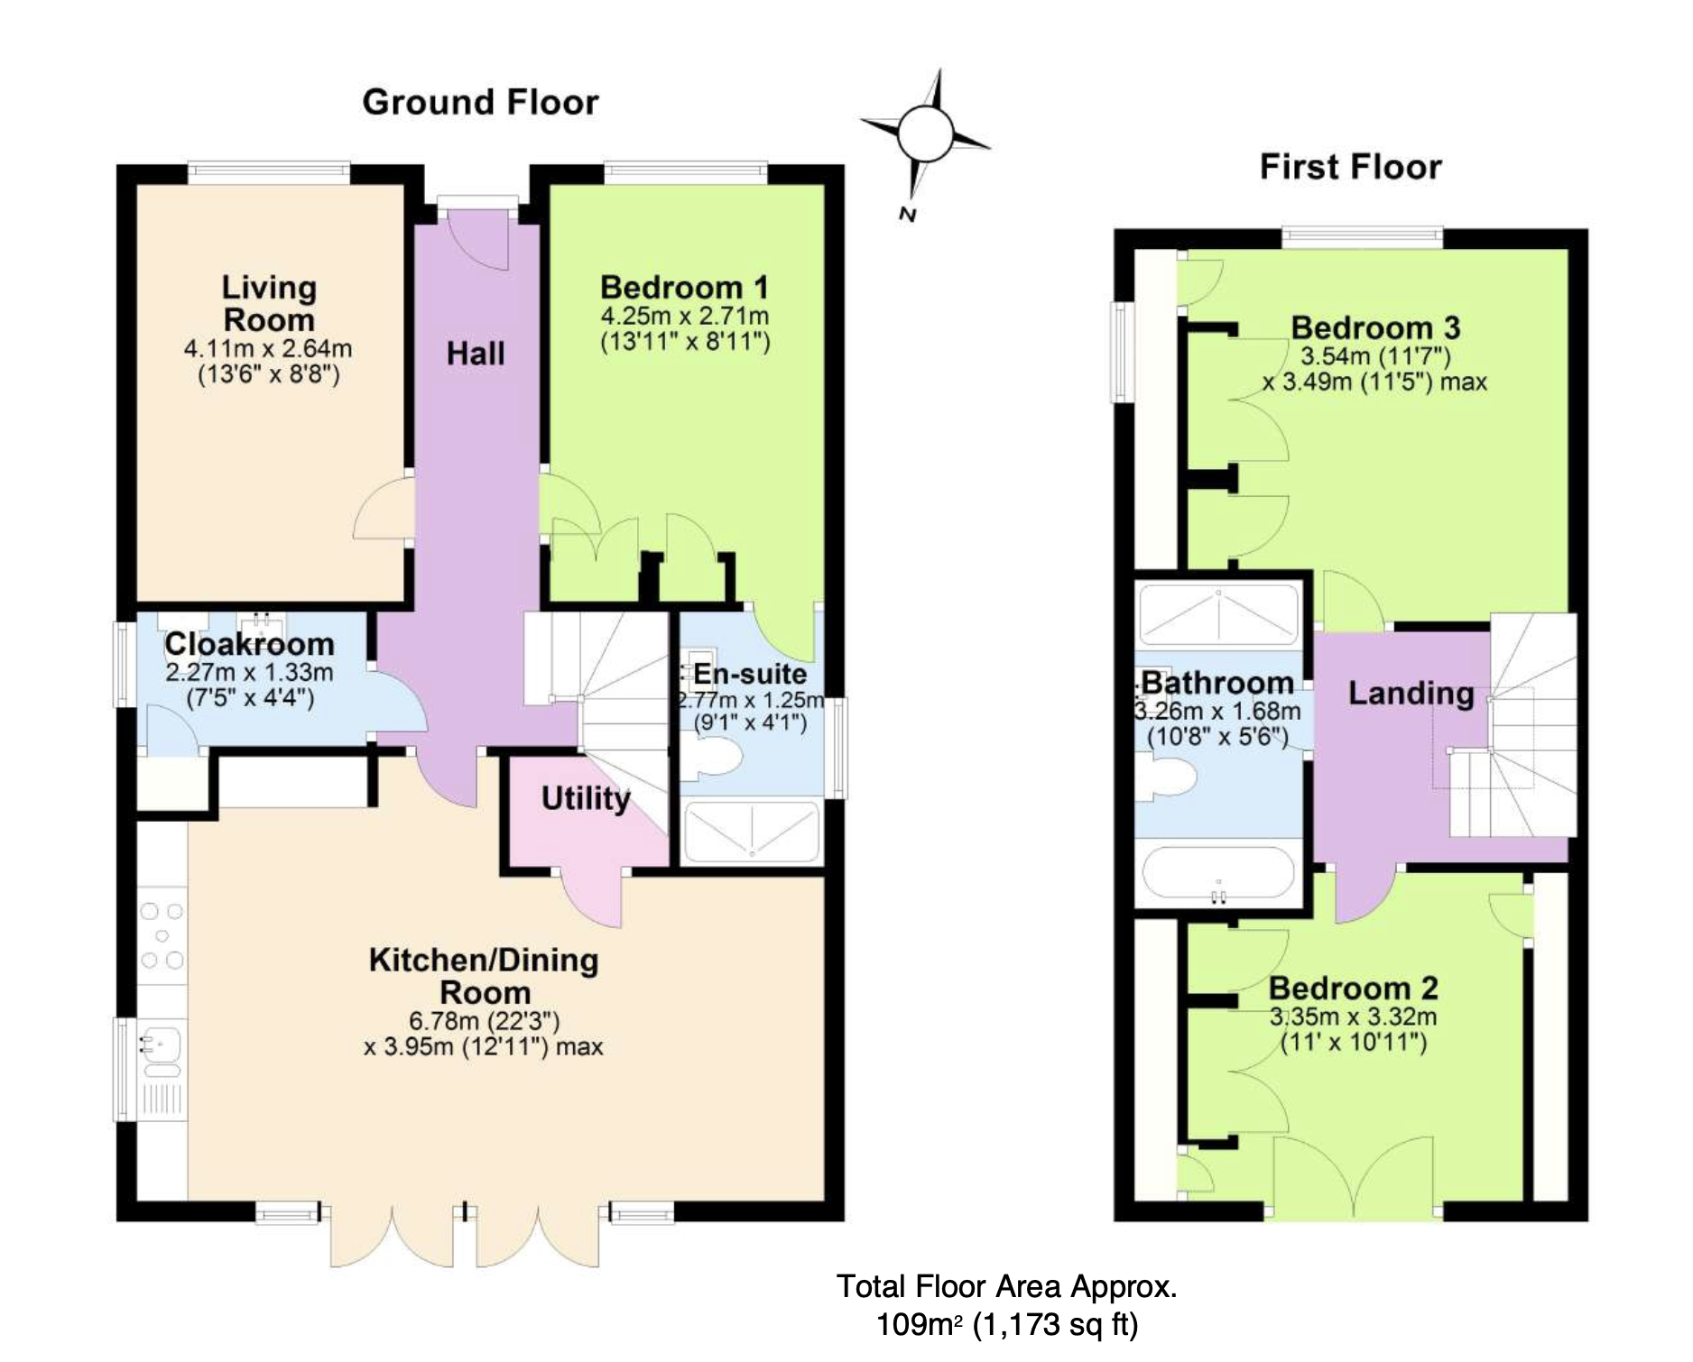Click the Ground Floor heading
click(480, 103)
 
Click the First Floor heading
click(1350, 168)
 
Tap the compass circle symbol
click(925, 134)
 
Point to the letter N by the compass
click(908, 214)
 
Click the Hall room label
click(476, 354)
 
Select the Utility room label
click(586, 798)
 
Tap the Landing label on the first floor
click(1411, 693)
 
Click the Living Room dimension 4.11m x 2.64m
click(268, 349)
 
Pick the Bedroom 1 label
click(684, 288)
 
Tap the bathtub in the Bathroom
click(1218, 873)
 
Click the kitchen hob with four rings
click(162, 936)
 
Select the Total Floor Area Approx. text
click(1006, 1286)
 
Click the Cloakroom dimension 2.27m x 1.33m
click(249, 673)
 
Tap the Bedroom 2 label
click(1353, 989)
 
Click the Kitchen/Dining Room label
click(484, 976)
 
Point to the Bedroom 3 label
click(1375, 327)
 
